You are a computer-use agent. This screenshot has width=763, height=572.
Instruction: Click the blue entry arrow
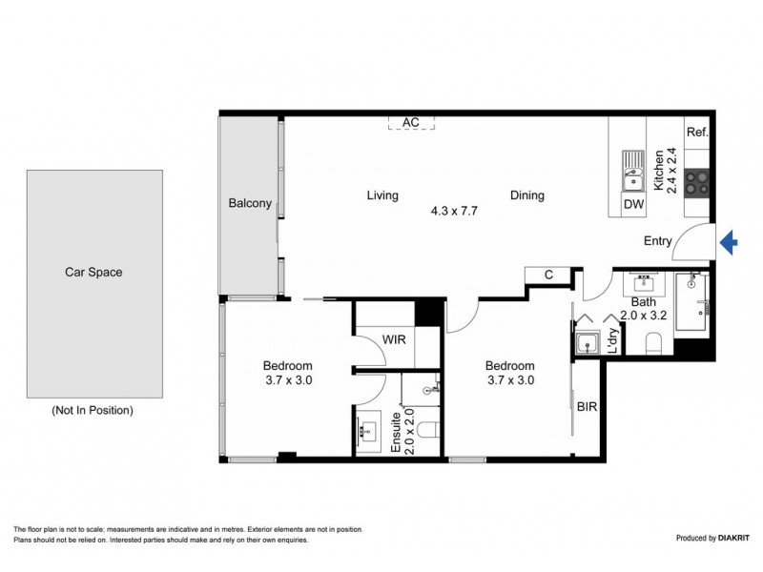(728, 243)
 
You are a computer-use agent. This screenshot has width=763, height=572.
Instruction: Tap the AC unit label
(411, 122)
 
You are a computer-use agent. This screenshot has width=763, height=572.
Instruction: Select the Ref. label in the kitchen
(697, 132)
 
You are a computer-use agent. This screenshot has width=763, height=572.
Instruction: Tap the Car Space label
(93, 272)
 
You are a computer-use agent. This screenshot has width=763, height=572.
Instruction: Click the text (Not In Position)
(92, 410)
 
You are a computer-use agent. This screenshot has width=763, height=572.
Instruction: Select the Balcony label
(251, 203)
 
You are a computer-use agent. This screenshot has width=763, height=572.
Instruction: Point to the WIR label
(397, 339)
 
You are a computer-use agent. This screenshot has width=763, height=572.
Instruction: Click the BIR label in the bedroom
(587, 405)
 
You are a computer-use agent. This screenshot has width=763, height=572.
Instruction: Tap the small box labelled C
(548, 276)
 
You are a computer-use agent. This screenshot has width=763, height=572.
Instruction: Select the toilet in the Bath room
(655, 343)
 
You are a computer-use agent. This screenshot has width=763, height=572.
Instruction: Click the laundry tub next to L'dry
(586, 342)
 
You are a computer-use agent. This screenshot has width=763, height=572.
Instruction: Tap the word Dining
(526, 195)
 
